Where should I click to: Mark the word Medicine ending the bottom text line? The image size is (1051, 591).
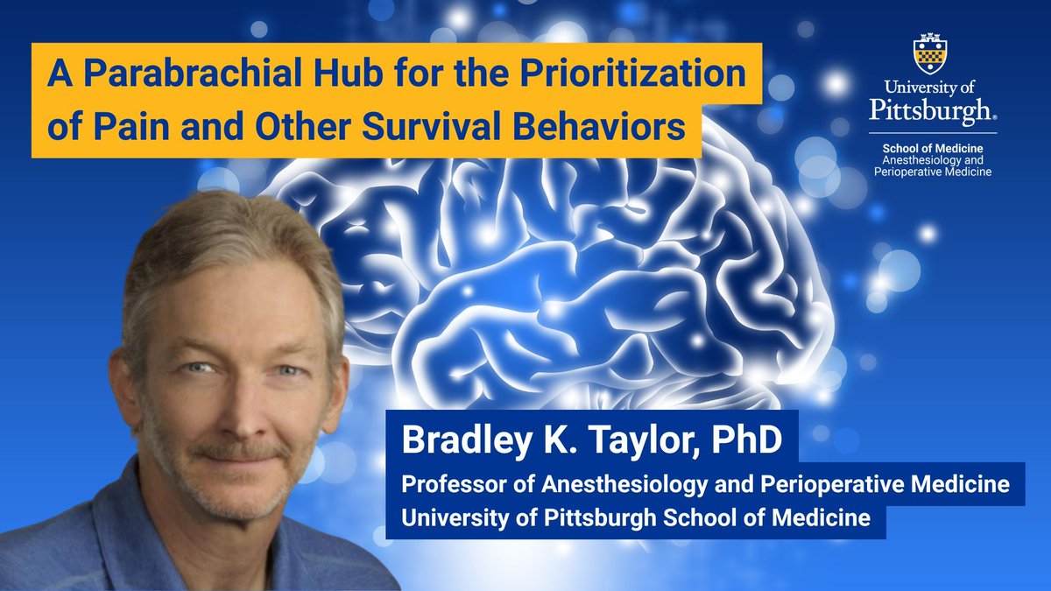coord(822,517)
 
